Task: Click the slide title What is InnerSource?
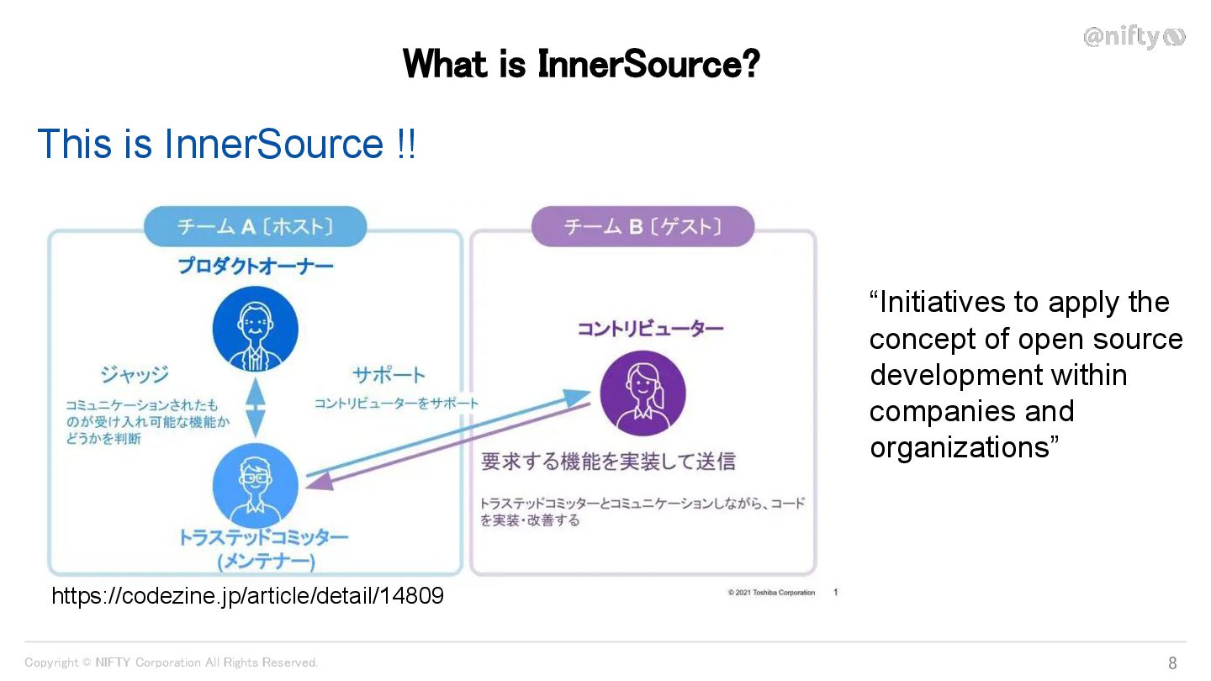[581, 64]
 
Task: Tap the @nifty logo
[1134, 37]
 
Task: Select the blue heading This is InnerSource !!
[226, 144]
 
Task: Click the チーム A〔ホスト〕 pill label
[255, 226]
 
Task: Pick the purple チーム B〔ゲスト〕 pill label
[643, 226]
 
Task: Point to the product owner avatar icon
[255, 329]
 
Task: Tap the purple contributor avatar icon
[643, 393]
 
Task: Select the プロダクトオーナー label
[255, 267]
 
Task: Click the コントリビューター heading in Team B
[650, 329]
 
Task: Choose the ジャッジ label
[135, 374]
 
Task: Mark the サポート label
[389, 374]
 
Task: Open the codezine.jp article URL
[247, 596]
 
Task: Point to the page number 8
[1172, 663]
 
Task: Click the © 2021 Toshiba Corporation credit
[771, 593]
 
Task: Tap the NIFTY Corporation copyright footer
[172, 663]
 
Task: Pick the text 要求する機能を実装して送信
[608, 461]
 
